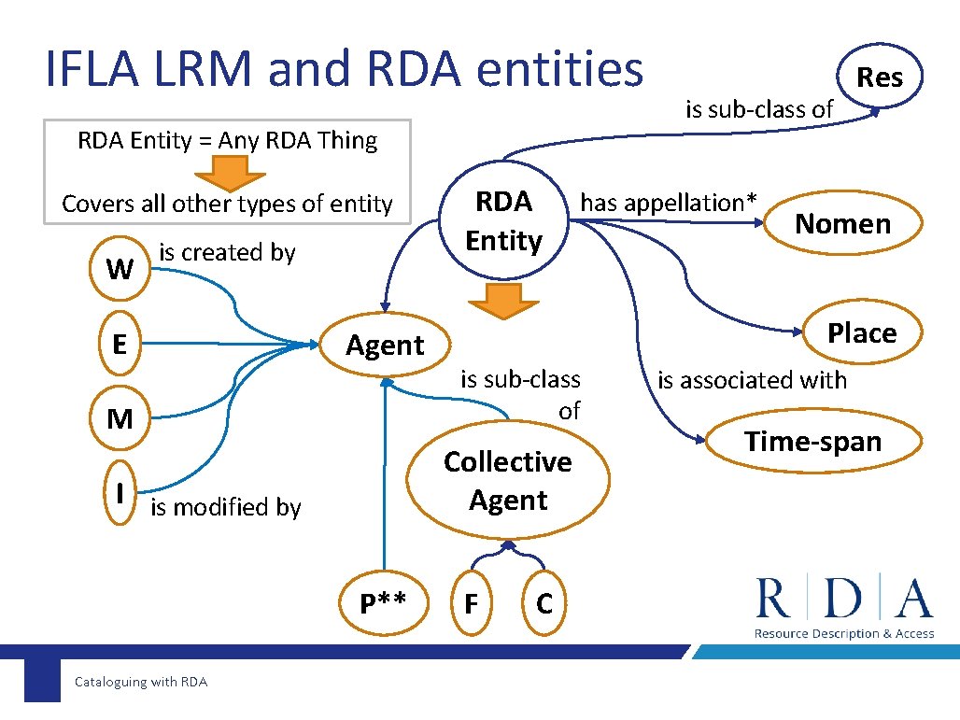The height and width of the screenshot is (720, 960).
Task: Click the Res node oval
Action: (880, 77)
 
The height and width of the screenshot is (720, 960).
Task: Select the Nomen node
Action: (842, 223)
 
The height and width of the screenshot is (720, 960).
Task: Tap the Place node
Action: (861, 332)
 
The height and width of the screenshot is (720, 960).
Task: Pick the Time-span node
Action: (812, 442)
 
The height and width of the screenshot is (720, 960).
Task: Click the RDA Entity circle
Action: (503, 221)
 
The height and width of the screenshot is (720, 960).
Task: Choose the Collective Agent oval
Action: (507, 481)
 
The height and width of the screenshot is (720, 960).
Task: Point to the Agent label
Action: (385, 346)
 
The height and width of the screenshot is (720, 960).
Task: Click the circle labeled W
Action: (120, 269)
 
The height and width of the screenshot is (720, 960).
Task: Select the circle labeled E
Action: (120, 344)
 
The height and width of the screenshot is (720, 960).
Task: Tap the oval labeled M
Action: (120, 418)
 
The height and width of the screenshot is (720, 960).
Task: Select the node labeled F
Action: (471, 603)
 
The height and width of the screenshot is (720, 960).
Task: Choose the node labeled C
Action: (544, 603)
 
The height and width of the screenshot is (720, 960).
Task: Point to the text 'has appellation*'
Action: (668, 202)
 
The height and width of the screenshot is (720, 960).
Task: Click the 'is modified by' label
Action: (226, 507)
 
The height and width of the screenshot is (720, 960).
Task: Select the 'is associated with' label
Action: (752, 380)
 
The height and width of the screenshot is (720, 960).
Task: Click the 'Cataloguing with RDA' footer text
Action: (141, 682)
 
